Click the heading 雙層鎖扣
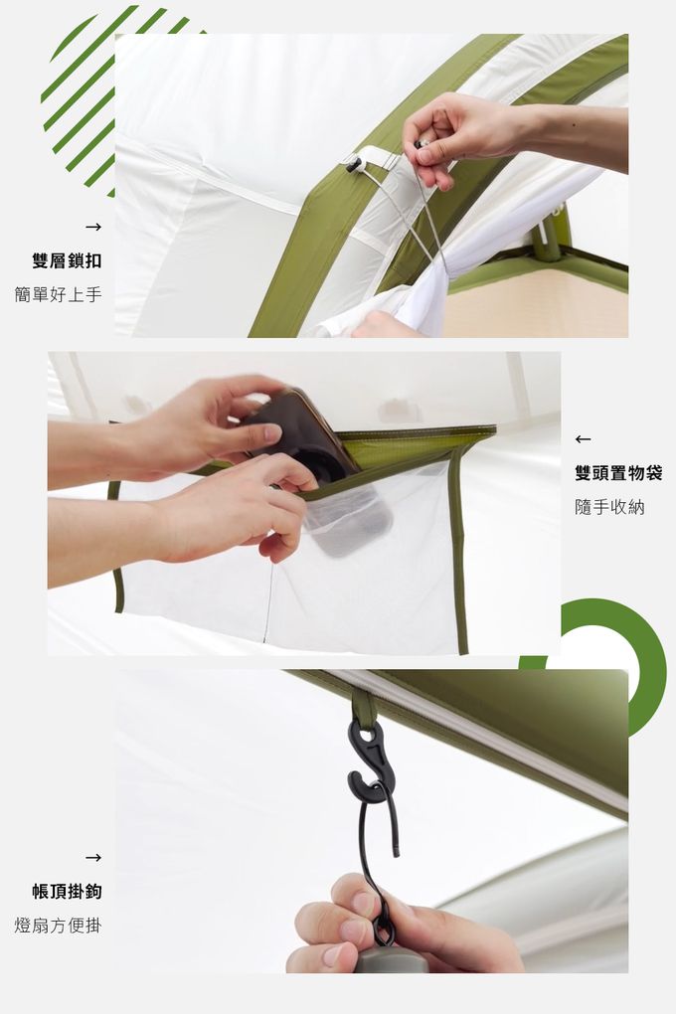pos(67,260)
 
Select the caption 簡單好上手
pos(59,295)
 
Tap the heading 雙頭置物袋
pos(618,473)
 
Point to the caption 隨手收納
pos(609,507)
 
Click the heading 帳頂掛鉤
pos(67,891)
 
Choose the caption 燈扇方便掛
pos(59,926)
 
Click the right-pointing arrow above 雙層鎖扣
pos(93,227)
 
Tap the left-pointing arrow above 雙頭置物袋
pos(583,439)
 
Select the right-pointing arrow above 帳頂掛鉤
pos(93,858)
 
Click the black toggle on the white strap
pos(353,165)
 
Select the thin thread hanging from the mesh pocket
pos(267,602)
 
